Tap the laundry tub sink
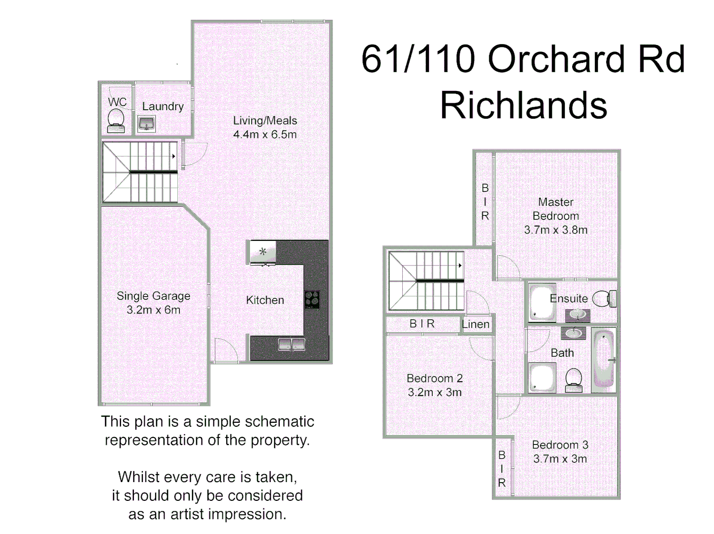(146, 124)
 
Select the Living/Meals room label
(265, 121)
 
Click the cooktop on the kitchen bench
(312, 300)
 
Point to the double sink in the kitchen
(291, 345)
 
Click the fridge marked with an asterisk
(263, 252)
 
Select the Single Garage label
(153, 296)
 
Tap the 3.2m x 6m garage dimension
(153, 310)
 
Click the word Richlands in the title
(523, 105)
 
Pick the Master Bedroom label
(556, 209)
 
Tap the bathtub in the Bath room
(603, 359)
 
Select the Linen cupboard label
(475, 324)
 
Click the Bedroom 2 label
(434, 378)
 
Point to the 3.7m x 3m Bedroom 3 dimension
(560, 459)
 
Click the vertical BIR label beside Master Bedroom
(485, 202)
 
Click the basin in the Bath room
(573, 333)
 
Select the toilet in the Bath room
(573, 380)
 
